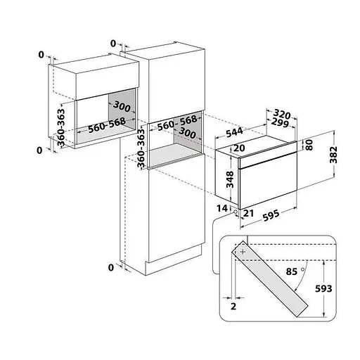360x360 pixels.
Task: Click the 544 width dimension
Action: click(234, 132)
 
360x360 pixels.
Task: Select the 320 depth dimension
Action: click(282, 114)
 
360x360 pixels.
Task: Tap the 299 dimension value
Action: click(280, 123)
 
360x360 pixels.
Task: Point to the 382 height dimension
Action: click(333, 155)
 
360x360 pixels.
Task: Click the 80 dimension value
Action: click(309, 145)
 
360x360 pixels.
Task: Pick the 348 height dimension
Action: click(230, 179)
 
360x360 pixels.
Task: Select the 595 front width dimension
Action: click(271, 215)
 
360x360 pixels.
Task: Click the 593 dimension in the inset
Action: click(323, 288)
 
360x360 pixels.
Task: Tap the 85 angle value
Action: click(292, 271)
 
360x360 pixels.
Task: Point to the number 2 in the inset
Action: click(233, 307)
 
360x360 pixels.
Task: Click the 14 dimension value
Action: click(222, 208)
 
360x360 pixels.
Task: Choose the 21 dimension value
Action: click(249, 213)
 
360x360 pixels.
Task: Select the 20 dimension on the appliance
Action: click(239, 148)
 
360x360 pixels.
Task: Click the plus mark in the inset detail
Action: click(243, 252)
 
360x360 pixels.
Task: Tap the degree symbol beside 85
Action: click(303, 269)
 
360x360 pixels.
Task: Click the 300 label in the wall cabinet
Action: click(122, 107)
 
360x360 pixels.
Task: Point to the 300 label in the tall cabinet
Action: click(187, 133)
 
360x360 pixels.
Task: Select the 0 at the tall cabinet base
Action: click(111, 267)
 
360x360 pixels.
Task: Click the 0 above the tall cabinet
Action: click(113, 44)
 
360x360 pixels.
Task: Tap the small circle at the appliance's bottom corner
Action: click(235, 212)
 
